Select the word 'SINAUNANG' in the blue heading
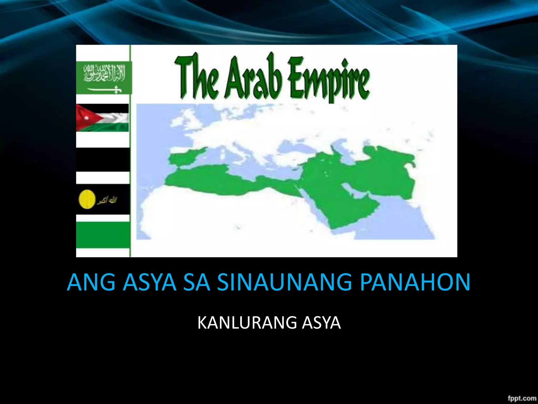(x=284, y=282)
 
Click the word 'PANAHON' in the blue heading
(x=415, y=282)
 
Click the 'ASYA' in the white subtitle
(x=321, y=323)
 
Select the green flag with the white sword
(x=104, y=78)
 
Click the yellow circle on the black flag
(x=87, y=200)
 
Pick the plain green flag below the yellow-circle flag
(x=103, y=235)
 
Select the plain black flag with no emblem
(x=103, y=159)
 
